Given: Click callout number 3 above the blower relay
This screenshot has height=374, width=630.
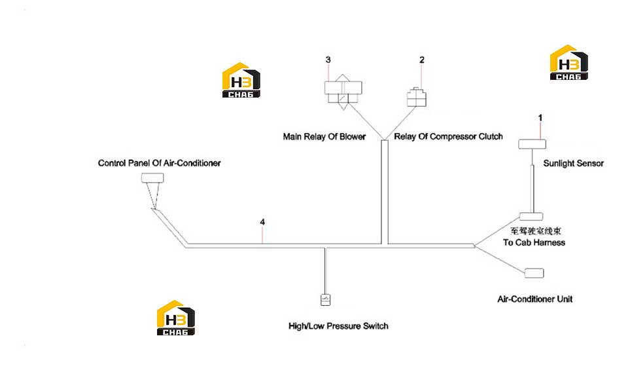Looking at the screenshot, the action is pyautogui.click(x=328, y=60).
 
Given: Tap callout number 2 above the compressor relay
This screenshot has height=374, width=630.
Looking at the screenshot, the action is pyautogui.click(x=421, y=60).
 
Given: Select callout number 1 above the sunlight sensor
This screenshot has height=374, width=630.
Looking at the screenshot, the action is pyautogui.click(x=540, y=118).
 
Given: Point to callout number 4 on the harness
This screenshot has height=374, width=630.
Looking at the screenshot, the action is pyautogui.click(x=262, y=222).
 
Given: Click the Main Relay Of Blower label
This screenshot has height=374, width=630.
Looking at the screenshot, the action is pyautogui.click(x=324, y=137).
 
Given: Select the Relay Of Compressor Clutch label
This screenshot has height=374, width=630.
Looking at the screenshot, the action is pyautogui.click(x=448, y=137).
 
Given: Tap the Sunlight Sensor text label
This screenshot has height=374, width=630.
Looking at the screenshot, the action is pyautogui.click(x=573, y=163).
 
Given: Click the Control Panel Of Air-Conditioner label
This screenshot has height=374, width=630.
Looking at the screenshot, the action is pyautogui.click(x=159, y=163).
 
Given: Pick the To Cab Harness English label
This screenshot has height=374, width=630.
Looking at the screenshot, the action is pyautogui.click(x=534, y=242).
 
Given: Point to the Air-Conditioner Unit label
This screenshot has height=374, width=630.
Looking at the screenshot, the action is pyautogui.click(x=534, y=299).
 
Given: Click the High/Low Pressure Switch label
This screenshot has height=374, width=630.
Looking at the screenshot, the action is pyautogui.click(x=338, y=326).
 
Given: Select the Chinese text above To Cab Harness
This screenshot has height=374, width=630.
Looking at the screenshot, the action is pyautogui.click(x=536, y=231).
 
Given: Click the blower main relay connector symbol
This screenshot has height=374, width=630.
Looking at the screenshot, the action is pyautogui.click(x=343, y=92).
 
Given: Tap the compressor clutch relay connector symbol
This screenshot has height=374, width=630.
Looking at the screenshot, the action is pyautogui.click(x=416, y=98).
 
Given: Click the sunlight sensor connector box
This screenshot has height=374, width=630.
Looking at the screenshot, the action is pyautogui.click(x=532, y=144).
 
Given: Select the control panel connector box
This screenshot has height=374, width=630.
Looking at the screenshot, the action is pyautogui.click(x=152, y=178).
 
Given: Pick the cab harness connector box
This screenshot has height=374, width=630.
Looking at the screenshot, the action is pyautogui.click(x=531, y=216).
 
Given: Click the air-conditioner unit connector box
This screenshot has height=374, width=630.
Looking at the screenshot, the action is pyautogui.click(x=534, y=273).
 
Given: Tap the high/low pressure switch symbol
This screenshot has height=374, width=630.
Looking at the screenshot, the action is pyautogui.click(x=325, y=300).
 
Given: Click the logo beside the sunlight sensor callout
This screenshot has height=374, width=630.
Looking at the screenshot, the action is pyautogui.click(x=569, y=62).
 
